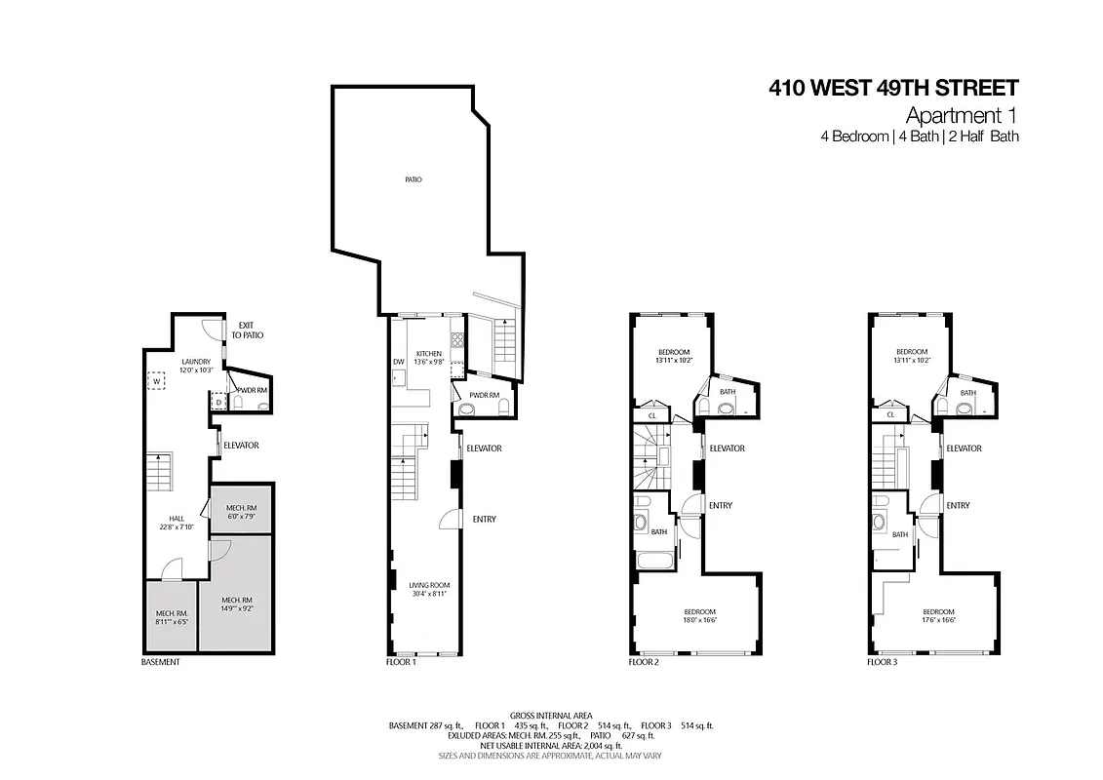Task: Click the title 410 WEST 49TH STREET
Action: (x=893, y=89)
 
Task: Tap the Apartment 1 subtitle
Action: (x=963, y=115)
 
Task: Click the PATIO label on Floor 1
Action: (x=414, y=180)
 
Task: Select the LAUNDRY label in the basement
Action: (x=195, y=362)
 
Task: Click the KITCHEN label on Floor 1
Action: (x=429, y=353)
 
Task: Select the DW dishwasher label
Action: (x=398, y=362)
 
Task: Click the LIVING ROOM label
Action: (x=429, y=585)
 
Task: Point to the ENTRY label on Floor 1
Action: (x=484, y=520)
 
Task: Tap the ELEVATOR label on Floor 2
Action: (x=727, y=448)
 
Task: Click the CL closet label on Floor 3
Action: (x=890, y=415)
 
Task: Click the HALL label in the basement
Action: (x=177, y=519)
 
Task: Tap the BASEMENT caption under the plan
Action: (x=161, y=662)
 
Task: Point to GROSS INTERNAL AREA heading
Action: (x=551, y=715)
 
